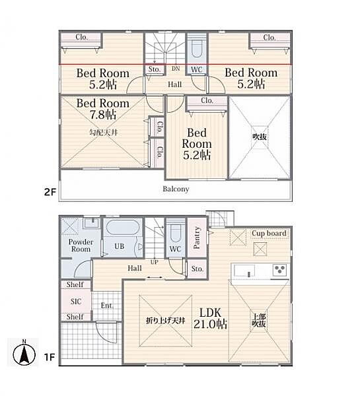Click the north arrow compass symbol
click(24, 353)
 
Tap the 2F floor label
click(50, 192)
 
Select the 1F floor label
click(50, 357)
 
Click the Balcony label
click(176, 189)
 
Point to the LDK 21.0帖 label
click(210, 318)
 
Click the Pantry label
click(197, 238)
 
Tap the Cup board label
click(269, 233)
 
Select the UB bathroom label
click(120, 246)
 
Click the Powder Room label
click(81, 246)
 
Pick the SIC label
click(76, 302)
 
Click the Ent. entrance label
click(107, 306)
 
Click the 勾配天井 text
click(104, 133)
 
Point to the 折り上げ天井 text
click(166, 321)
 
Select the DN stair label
click(176, 69)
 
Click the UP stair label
click(154, 262)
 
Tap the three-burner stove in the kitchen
click(279, 269)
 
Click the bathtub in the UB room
click(122, 227)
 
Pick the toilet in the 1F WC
click(175, 232)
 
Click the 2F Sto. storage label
click(154, 69)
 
